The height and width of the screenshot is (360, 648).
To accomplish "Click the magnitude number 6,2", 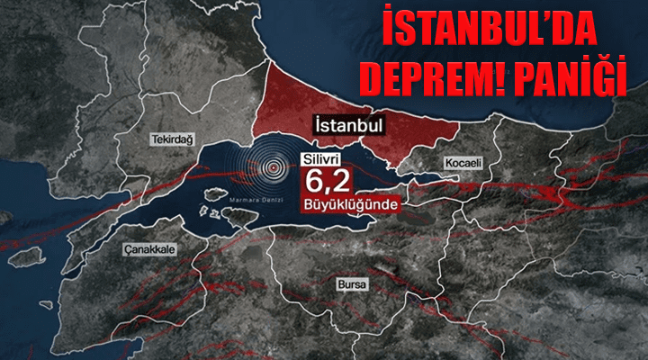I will point(324,183).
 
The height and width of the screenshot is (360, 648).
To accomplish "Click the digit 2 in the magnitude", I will point(337,183).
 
